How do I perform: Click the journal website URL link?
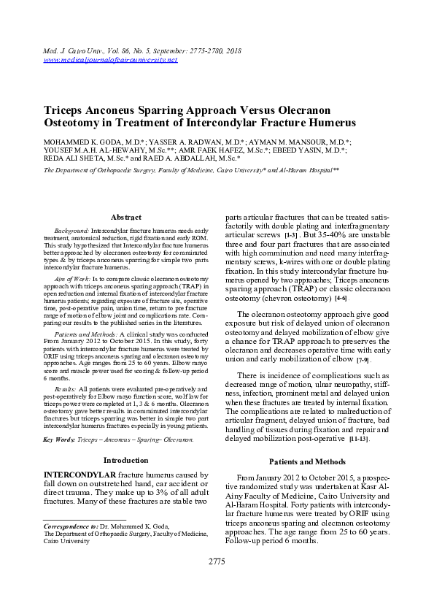[111, 59]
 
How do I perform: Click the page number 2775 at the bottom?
[217, 561]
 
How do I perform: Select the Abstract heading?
[125, 218]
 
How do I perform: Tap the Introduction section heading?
[125, 460]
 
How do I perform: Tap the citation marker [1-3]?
[290, 237]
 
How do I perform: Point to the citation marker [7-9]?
[363, 360]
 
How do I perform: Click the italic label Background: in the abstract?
[71, 230]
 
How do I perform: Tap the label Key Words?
[60, 439]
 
